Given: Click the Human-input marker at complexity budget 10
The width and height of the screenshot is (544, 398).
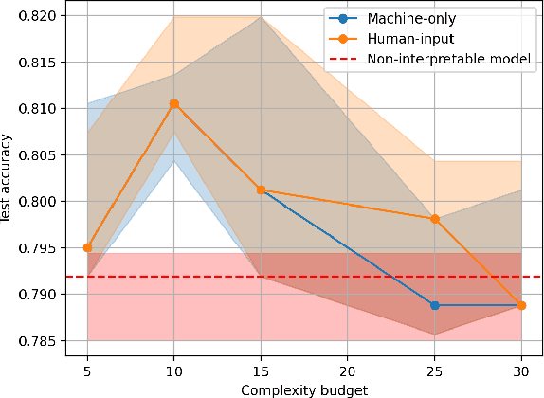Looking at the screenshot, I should (174, 103).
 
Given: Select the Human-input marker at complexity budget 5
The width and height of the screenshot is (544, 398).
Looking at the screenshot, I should (87, 247).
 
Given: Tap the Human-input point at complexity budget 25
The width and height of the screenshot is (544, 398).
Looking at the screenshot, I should (435, 219).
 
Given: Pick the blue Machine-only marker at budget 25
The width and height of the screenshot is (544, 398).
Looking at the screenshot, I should (435, 305).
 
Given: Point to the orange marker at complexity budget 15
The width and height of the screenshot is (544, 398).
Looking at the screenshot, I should (261, 190).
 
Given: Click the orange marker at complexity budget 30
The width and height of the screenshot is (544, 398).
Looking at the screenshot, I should (521, 305).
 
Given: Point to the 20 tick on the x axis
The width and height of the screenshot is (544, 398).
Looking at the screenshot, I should (348, 371).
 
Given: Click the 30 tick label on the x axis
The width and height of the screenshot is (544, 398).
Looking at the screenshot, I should (521, 371).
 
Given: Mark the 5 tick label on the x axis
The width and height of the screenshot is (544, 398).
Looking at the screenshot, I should (87, 371).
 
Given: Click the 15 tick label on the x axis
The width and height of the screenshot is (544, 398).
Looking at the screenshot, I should (261, 371).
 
